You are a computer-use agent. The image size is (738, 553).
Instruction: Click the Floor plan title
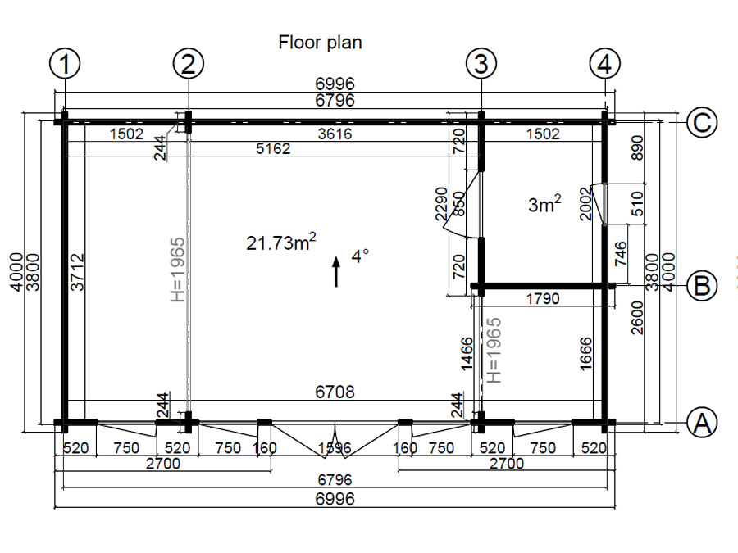coord(320,43)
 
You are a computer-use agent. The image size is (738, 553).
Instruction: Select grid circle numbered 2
coord(189,63)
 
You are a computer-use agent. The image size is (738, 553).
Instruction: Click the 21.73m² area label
coord(281,243)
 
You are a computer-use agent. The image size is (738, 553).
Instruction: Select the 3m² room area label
coord(544,204)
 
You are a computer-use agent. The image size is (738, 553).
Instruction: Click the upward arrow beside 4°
coord(336,271)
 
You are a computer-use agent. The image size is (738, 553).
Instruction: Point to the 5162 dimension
coord(273,148)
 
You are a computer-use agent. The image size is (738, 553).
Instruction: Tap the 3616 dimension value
coord(335,134)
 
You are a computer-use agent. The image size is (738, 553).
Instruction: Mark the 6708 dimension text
coord(335,392)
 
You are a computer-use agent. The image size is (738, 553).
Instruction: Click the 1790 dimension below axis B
coord(543,298)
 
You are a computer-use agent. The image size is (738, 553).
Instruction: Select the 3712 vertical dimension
coord(78,272)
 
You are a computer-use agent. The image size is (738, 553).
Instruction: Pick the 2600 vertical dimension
coord(637,318)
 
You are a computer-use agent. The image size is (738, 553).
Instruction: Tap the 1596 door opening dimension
coord(335,448)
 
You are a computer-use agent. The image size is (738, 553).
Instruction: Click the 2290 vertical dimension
coord(441,204)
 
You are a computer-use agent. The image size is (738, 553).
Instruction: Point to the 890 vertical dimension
coord(637,147)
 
